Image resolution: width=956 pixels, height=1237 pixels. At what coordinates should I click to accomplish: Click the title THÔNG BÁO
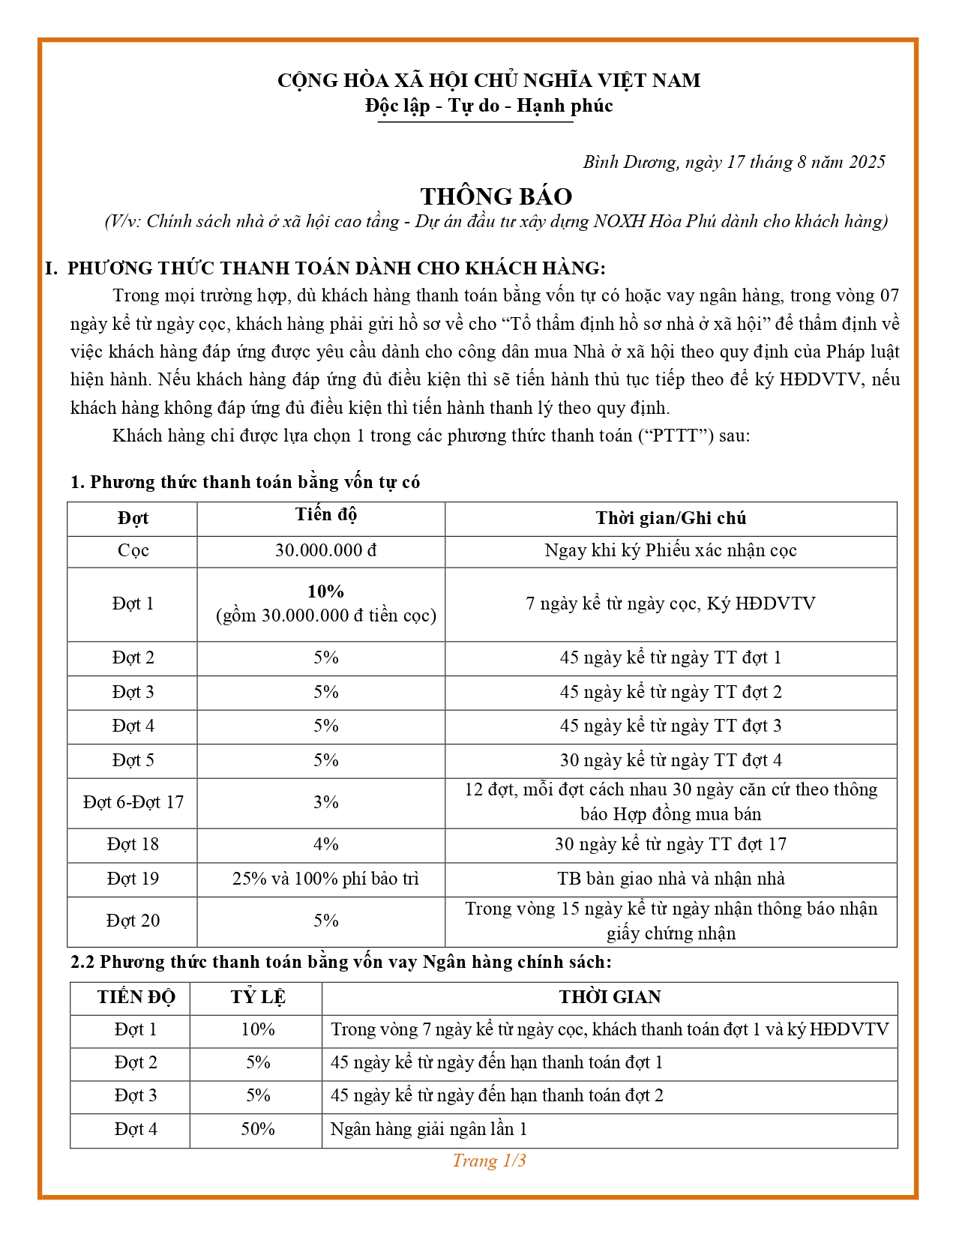click(x=496, y=196)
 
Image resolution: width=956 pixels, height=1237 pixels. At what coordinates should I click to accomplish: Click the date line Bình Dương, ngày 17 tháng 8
click(x=733, y=162)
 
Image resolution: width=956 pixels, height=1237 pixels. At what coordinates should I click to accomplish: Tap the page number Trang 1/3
click(x=489, y=1161)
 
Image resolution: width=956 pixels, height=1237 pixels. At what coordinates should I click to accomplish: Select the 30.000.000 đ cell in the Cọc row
click(x=325, y=550)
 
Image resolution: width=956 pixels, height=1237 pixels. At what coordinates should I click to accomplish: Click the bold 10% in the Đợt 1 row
click(x=325, y=592)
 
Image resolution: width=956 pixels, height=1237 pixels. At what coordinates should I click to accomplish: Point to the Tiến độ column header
click(x=325, y=515)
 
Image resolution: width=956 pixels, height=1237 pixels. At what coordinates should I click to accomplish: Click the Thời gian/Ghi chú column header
click(x=670, y=518)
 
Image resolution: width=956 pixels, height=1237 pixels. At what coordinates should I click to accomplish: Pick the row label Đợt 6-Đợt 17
click(x=133, y=802)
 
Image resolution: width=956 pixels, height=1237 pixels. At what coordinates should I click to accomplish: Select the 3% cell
click(x=325, y=802)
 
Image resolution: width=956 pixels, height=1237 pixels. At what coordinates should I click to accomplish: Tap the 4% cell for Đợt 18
click(x=325, y=844)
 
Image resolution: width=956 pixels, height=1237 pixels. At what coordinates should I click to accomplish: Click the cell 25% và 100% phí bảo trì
click(x=325, y=879)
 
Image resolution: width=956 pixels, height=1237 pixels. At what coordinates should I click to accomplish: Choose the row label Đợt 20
click(x=133, y=921)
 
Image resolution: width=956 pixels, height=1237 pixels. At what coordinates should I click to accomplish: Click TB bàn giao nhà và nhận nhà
click(x=670, y=879)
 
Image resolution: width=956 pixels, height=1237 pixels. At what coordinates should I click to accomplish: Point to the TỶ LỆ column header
click(x=257, y=997)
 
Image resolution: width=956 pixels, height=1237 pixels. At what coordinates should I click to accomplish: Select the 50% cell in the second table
click(x=257, y=1129)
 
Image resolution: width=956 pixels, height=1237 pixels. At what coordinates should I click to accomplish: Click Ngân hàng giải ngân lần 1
click(x=429, y=1129)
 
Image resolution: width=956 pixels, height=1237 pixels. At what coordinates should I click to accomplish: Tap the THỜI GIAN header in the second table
click(x=610, y=997)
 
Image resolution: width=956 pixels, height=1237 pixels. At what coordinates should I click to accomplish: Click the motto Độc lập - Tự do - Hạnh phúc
click(x=489, y=106)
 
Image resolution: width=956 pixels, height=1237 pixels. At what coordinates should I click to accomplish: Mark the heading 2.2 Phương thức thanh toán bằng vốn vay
click(x=341, y=962)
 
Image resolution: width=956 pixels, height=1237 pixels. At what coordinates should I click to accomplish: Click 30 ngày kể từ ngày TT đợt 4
click(x=670, y=760)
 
